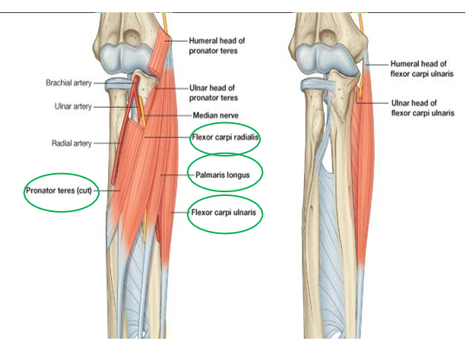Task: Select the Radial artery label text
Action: [71, 142]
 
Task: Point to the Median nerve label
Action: [217, 115]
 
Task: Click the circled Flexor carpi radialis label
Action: [226, 137]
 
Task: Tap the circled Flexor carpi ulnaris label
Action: [225, 213]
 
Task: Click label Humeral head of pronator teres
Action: [217, 45]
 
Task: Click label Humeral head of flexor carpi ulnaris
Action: [422, 69]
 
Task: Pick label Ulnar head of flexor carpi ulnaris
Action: [422, 107]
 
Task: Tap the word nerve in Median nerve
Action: [233, 115]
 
